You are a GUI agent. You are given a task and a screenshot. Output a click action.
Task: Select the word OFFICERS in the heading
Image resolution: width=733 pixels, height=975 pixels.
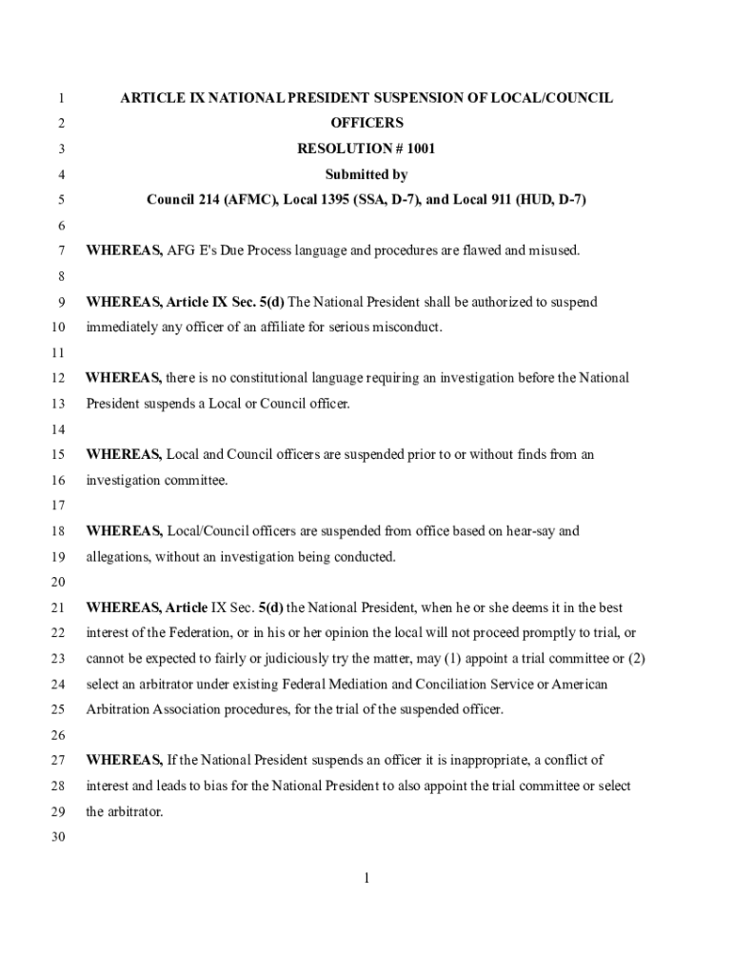[366, 124]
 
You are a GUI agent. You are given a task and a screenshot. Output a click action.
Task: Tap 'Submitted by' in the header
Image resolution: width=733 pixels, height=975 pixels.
[366, 175]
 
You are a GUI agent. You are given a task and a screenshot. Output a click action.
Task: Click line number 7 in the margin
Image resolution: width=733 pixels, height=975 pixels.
[60, 251]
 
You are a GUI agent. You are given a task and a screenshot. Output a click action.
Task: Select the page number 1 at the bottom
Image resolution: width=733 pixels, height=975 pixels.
[366, 878]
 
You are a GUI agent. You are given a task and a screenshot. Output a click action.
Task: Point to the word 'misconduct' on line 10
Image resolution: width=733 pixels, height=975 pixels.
[406, 328]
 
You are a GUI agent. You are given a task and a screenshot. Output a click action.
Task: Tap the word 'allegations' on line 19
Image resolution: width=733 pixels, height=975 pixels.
[118, 557]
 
